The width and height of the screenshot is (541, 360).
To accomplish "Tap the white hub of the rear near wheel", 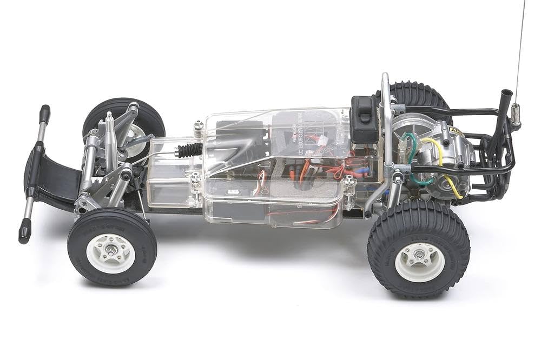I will (419, 261).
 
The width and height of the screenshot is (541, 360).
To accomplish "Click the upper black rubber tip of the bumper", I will (44, 114).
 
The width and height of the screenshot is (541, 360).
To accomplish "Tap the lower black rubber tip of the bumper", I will (24, 233).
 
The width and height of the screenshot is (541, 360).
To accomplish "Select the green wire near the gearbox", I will (414, 157).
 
